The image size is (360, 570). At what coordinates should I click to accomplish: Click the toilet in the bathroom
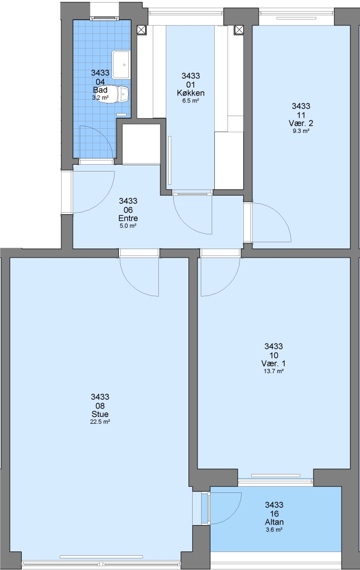[118, 94]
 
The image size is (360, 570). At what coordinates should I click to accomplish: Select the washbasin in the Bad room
[121, 65]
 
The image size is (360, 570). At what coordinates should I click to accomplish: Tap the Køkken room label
[191, 93]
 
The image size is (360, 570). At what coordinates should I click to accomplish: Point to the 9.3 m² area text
[301, 131]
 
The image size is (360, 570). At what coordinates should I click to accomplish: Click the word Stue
[100, 414]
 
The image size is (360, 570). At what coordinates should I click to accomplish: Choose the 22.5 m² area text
[100, 422]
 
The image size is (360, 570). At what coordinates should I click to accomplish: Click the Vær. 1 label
[273, 364]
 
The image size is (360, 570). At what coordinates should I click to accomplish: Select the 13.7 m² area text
[273, 372]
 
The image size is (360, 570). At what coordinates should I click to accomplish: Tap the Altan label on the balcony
[274, 522]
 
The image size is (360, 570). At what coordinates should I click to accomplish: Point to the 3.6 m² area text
[274, 530]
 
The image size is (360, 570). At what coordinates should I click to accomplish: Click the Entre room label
[128, 218]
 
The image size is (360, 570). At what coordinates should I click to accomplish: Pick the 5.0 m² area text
[128, 226]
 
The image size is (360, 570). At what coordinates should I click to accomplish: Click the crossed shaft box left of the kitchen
[141, 30]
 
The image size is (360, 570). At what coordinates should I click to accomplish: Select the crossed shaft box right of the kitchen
[239, 30]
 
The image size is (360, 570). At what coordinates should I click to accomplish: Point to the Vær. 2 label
[301, 123]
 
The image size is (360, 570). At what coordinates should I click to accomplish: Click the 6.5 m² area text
[191, 101]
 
